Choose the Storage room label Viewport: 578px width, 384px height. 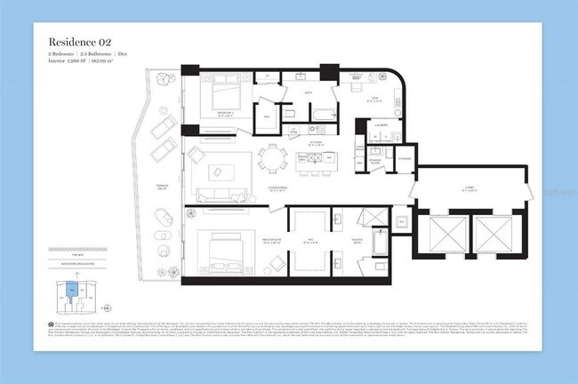pos(404,158)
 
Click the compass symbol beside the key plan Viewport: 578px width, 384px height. pos(107,308)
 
